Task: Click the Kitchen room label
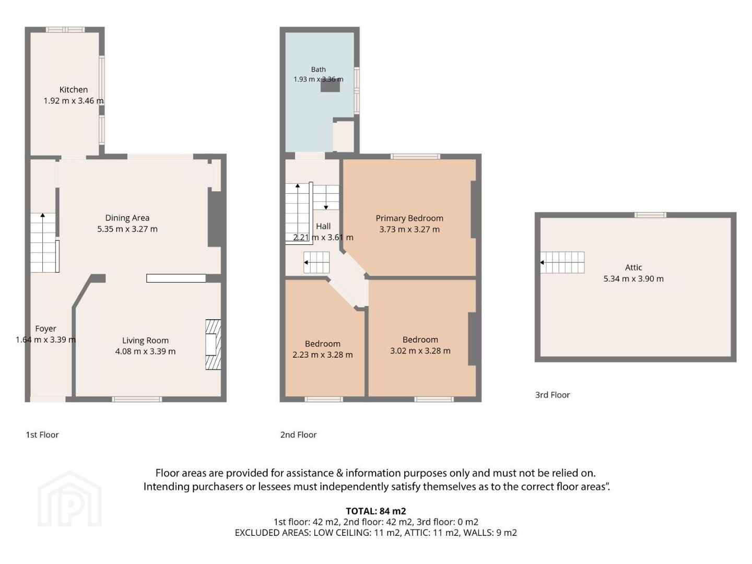click(x=73, y=90)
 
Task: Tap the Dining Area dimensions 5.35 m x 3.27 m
click(x=127, y=229)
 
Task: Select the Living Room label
click(x=145, y=340)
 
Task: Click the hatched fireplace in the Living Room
click(x=213, y=345)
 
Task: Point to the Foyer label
click(x=45, y=329)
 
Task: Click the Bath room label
click(x=318, y=69)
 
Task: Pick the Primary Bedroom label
click(x=409, y=218)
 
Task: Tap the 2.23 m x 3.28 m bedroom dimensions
click(x=322, y=355)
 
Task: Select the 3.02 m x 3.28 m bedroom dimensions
click(x=420, y=350)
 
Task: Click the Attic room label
click(x=633, y=267)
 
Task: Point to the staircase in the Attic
click(x=562, y=263)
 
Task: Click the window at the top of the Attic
click(x=650, y=215)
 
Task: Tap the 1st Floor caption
click(x=42, y=435)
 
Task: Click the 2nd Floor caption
click(x=298, y=435)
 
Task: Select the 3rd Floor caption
click(x=553, y=395)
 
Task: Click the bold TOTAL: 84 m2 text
click(x=376, y=511)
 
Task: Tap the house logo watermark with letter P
click(x=69, y=499)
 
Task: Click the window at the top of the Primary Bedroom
click(x=416, y=157)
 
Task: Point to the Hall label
click(x=323, y=226)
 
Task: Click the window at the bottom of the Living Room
click(x=137, y=399)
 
